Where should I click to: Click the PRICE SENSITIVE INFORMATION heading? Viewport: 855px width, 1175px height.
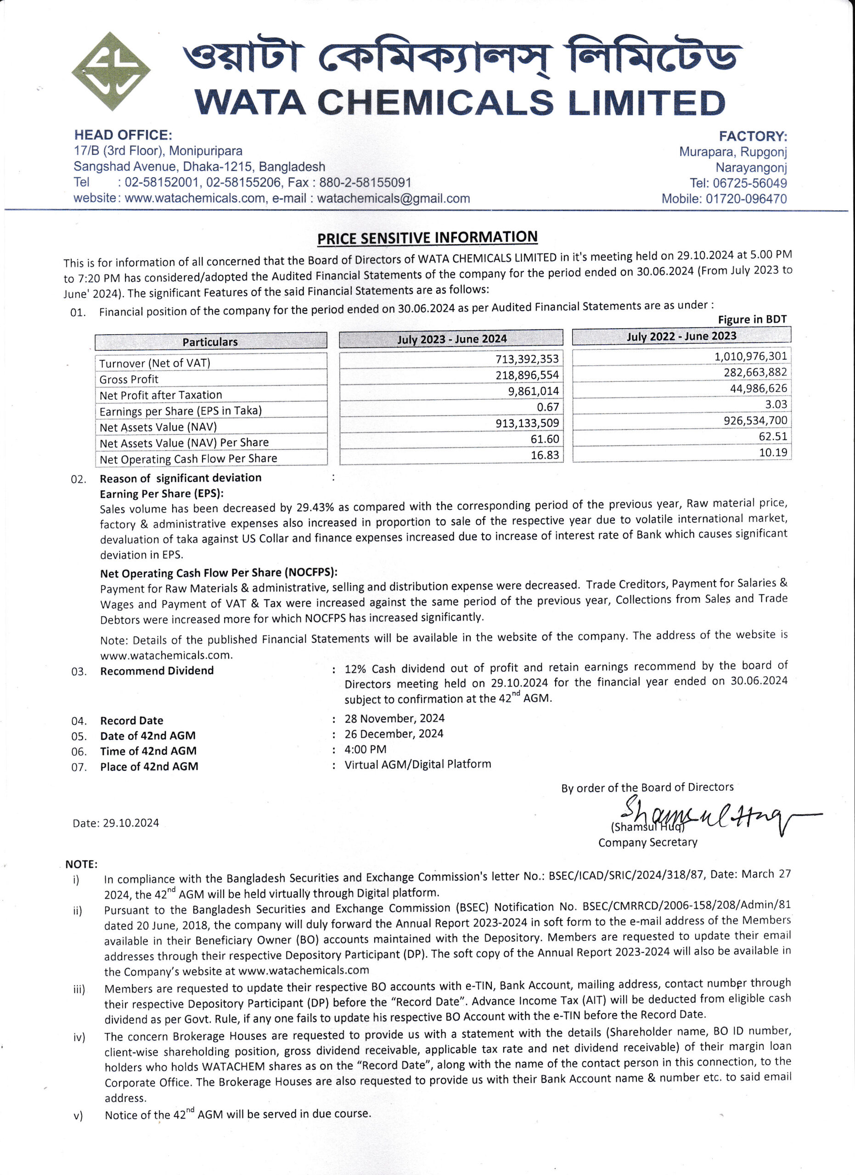pyautogui.click(x=427, y=238)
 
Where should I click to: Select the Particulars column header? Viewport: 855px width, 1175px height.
pyautogui.click(x=210, y=341)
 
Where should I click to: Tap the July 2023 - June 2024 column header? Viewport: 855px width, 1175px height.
pyautogui.click(x=451, y=339)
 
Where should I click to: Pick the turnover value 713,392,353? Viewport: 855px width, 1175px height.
pyautogui.click(x=527, y=359)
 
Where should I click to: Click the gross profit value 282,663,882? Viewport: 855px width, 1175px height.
pyautogui.click(x=755, y=372)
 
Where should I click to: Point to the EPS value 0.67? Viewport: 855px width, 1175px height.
pyautogui.click(x=548, y=407)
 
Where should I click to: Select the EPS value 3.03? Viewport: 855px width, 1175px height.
pyautogui.click(x=776, y=404)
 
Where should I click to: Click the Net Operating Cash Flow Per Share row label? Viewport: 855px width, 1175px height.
pyautogui.click(x=188, y=459)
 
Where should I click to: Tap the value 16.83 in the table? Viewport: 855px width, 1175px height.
pyautogui.click(x=545, y=455)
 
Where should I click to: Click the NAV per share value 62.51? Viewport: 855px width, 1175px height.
pyautogui.click(x=773, y=436)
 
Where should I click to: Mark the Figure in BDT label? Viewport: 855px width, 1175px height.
pyautogui.click(x=752, y=319)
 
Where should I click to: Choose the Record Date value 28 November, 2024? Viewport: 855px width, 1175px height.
pyautogui.click(x=394, y=718)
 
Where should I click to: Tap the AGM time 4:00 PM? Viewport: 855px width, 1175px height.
pyautogui.click(x=366, y=749)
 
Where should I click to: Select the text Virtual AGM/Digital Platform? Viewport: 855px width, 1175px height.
pyautogui.click(x=418, y=764)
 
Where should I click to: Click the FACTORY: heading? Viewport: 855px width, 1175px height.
pyautogui.click(x=753, y=136)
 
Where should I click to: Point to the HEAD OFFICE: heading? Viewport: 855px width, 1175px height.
pyautogui.click(x=123, y=135)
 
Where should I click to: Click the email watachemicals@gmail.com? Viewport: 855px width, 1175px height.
pyautogui.click(x=394, y=198)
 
